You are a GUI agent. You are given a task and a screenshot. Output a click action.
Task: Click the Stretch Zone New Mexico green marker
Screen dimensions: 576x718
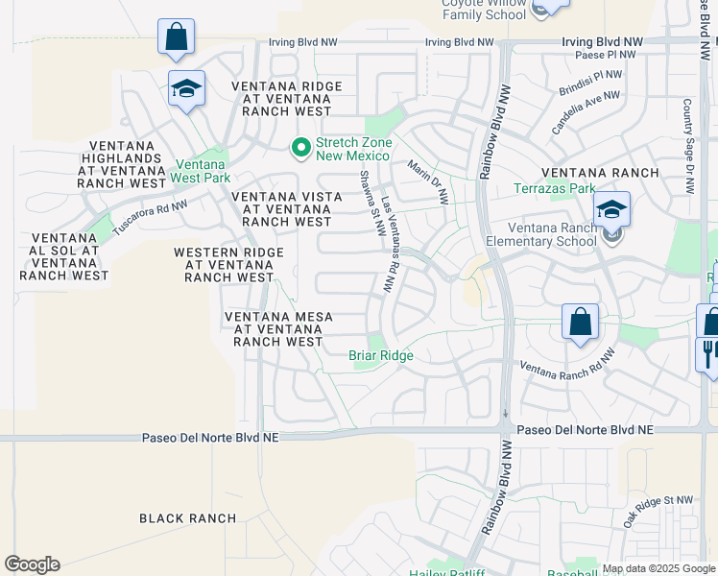pos(300,148)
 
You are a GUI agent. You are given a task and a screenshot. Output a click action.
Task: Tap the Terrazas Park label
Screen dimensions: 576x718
pos(555,189)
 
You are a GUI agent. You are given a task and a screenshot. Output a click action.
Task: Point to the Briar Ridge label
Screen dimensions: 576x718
pos(380,356)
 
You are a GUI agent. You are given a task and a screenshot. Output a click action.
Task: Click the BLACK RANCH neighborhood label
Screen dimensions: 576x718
pos(187,518)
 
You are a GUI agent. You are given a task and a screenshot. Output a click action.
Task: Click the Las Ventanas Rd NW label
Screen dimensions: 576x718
pos(389,245)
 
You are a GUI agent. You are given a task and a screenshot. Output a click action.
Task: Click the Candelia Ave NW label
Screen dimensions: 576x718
pos(585,113)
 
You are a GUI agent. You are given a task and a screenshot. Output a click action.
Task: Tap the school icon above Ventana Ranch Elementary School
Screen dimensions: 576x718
pos(611,208)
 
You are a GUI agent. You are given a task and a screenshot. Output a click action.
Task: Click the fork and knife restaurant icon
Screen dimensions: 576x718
pos(707,352)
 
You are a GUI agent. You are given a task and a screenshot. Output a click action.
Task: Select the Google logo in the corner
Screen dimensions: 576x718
pos(32,564)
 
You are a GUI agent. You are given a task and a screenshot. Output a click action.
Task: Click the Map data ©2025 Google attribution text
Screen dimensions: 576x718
pos(658,568)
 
